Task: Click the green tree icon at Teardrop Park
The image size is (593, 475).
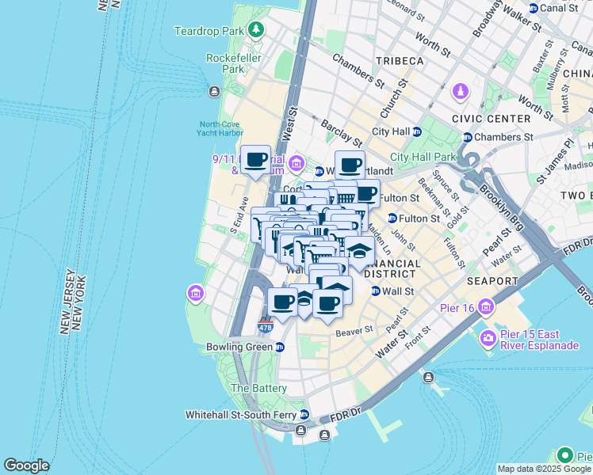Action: click(x=255, y=31)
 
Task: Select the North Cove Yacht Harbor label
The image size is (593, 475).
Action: click(x=220, y=129)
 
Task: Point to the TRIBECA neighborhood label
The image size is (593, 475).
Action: click(x=400, y=61)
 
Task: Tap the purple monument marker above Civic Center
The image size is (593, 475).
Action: click(x=461, y=93)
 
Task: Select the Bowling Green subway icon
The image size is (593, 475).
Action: click(x=280, y=347)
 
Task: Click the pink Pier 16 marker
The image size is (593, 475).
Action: click(x=485, y=307)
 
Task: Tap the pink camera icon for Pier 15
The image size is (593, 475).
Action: click(x=487, y=338)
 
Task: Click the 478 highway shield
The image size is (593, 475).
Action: click(x=266, y=326)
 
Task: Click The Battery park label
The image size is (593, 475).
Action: click(x=251, y=389)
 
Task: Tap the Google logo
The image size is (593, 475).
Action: click(x=26, y=465)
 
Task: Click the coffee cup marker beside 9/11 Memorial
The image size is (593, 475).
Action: click(x=255, y=160)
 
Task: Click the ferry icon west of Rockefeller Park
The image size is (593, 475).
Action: click(x=214, y=92)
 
